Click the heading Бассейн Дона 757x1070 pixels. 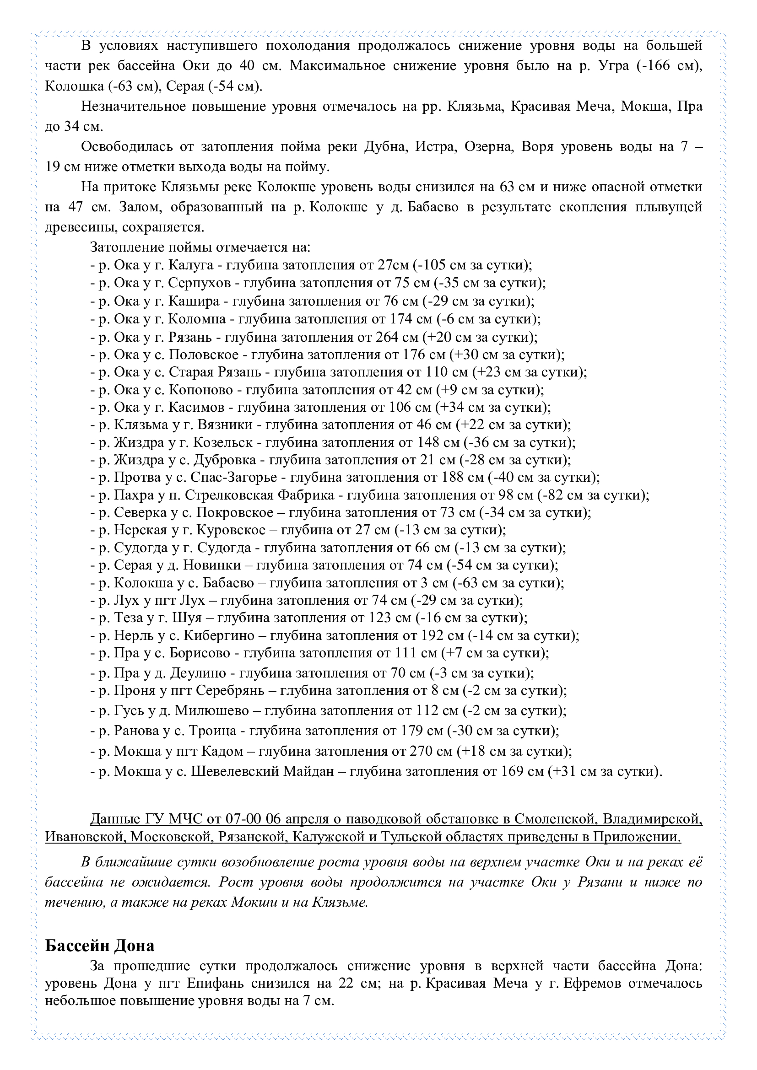coord(99,946)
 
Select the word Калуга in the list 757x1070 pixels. coord(191,265)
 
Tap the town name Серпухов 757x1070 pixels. coord(199,283)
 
